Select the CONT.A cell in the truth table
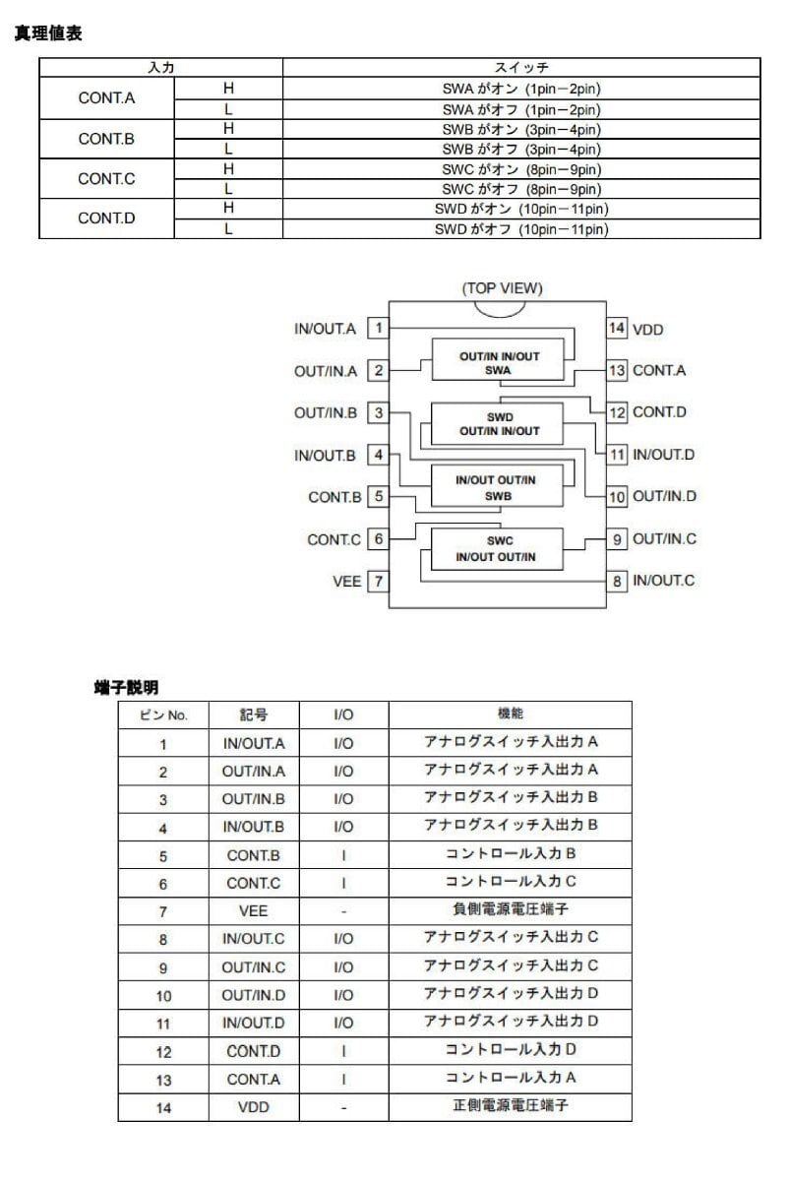[x=106, y=98]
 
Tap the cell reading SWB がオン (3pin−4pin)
[x=521, y=130]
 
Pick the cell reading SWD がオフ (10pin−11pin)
[x=521, y=229]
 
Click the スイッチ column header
[x=521, y=68]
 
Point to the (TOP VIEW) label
[x=502, y=288]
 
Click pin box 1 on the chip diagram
[x=379, y=329]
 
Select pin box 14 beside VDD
[x=616, y=329]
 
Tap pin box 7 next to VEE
[x=378, y=582]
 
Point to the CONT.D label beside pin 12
[x=659, y=412]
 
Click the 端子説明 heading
[x=126, y=687]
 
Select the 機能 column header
[x=510, y=714]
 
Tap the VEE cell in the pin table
[x=253, y=911]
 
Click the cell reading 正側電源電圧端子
[x=510, y=1106]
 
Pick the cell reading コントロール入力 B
[x=510, y=854]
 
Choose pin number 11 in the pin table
[x=163, y=1024]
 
